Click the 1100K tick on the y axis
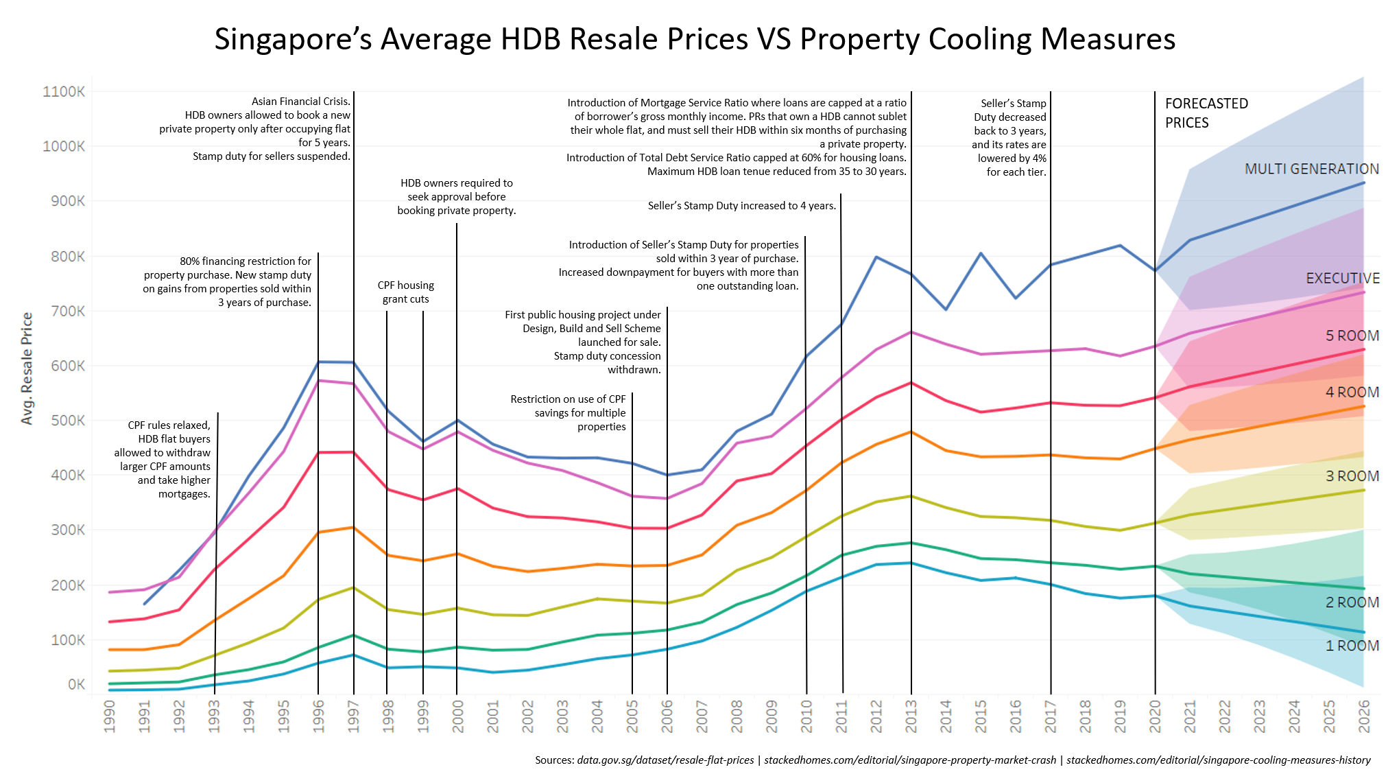pos(64,92)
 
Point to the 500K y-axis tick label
pos(68,421)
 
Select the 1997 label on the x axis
pos(353,716)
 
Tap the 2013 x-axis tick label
pos(911,716)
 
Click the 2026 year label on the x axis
pos(1364,716)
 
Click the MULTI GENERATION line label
pos(1311,169)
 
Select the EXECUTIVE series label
pos(1342,279)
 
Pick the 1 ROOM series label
pos(1352,646)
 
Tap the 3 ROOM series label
pos(1352,476)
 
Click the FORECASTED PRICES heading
pos(1206,113)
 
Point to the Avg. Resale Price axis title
pos(27,368)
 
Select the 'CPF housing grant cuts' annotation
pos(405,292)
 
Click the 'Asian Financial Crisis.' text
pos(300,102)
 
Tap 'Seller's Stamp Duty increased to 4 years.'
pos(741,206)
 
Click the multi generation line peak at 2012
pos(876,257)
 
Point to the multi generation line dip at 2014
pos(946,309)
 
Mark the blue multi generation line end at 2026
pos(1363,183)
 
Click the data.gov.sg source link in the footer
pos(665,760)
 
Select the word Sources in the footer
pos(554,760)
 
